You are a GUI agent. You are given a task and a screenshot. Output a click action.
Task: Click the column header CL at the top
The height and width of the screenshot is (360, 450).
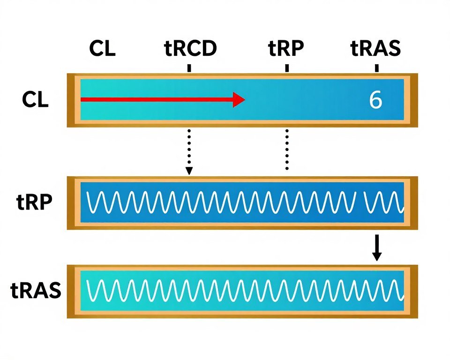[102, 49]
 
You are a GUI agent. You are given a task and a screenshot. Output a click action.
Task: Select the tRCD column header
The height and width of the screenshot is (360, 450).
[191, 49]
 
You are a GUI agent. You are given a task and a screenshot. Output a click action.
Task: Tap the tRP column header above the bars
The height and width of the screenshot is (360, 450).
[286, 49]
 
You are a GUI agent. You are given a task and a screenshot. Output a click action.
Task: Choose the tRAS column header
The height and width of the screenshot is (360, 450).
[375, 49]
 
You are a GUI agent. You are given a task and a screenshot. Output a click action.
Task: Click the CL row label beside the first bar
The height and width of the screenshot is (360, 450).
[35, 100]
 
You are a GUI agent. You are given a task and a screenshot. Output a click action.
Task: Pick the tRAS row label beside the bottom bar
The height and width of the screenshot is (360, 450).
[36, 291]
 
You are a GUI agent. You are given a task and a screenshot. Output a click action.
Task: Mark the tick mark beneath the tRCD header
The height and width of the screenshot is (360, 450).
[189, 68]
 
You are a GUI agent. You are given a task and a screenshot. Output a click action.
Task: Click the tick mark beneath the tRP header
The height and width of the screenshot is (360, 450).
[287, 68]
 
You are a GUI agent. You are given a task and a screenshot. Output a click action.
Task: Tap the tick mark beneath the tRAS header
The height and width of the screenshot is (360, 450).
[376, 68]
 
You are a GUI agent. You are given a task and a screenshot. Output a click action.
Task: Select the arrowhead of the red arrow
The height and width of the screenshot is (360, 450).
[239, 99]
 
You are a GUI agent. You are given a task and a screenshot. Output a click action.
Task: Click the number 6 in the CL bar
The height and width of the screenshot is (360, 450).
[375, 100]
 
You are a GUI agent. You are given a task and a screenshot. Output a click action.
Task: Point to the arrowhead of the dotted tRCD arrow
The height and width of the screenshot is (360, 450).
[189, 171]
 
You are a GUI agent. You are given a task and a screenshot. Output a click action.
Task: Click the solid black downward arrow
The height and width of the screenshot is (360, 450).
[376, 248]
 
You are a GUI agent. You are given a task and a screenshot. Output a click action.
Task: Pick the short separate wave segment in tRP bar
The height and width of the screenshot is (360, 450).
[383, 202]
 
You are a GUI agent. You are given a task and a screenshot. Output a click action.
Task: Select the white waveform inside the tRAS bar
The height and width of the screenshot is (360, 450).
[244, 291]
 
